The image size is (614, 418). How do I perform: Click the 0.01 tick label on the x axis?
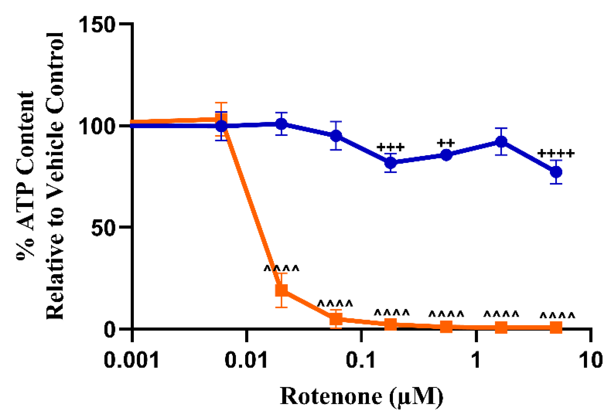pos(246,360)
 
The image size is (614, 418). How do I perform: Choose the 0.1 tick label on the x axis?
pos(361,360)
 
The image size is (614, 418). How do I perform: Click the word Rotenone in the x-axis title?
pos(331,397)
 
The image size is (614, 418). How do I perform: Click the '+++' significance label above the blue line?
pos(390,147)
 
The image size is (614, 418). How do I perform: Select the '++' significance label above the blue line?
pos(446,143)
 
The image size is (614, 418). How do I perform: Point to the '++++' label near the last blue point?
pos(556,153)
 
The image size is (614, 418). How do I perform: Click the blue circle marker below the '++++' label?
pos(556,172)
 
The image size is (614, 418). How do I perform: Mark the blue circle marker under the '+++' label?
pos(391,163)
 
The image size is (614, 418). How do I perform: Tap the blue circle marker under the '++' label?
pos(446,155)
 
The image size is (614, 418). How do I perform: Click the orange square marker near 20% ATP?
pos(281,290)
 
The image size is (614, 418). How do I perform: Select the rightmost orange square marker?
pos(556,328)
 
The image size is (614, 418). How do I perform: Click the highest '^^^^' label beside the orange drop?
pos(281,268)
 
